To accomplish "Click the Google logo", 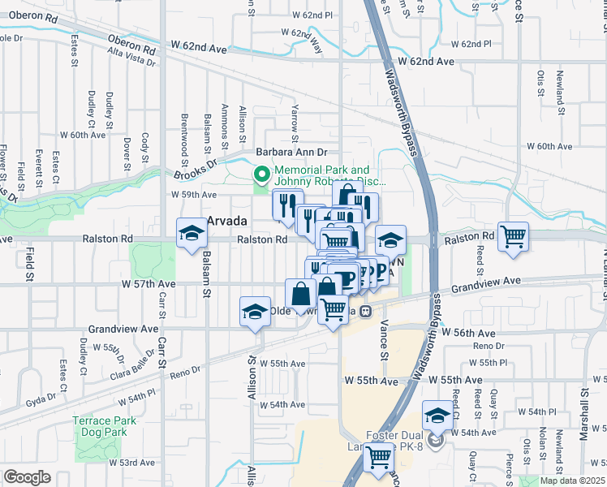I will point(27,477).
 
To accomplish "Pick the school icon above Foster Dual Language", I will point(437,415).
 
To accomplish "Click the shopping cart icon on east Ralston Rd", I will point(513,237).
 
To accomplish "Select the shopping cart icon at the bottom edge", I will point(377,459).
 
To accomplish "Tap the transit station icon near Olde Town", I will point(367,311).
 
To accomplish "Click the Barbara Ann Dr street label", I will point(291,152).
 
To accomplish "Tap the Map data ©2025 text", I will point(571,481).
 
